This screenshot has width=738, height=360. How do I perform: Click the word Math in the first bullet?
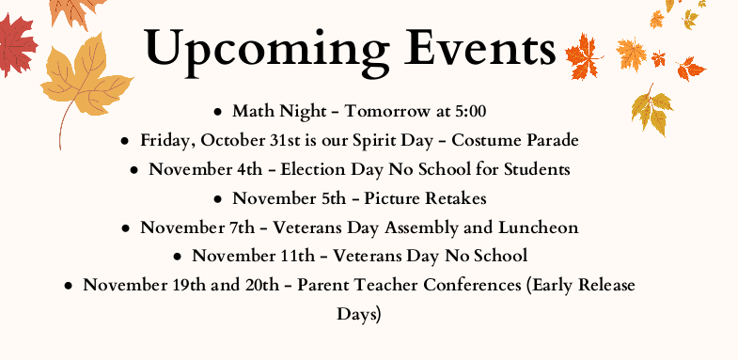click(x=252, y=112)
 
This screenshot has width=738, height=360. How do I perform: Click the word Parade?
click(x=550, y=141)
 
